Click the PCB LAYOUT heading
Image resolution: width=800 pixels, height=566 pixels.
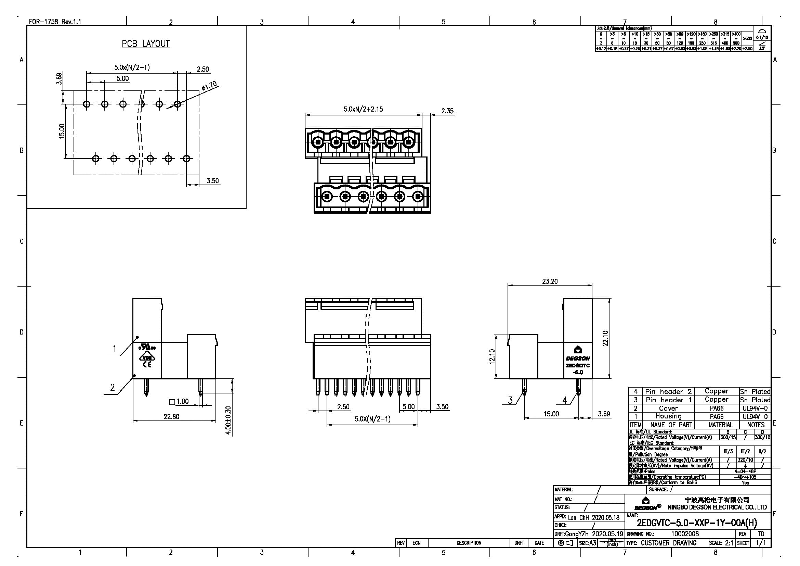[x=146, y=44]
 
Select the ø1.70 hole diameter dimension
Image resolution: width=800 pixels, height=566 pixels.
[x=209, y=86]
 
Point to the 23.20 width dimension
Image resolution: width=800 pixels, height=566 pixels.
[x=550, y=281]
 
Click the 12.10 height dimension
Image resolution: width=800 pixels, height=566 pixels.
[x=492, y=356]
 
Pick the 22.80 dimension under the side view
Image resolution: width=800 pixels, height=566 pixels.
[x=171, y=416]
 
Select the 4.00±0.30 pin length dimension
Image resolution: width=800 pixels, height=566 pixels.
[x=228, y=420]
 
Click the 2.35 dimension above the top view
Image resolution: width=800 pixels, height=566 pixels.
[x=447, y=111]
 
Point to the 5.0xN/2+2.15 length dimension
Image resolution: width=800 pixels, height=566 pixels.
[x=363, y=109]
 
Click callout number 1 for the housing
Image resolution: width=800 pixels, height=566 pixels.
[x=114, y=348]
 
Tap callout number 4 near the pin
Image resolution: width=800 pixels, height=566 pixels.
[x=564, y=400]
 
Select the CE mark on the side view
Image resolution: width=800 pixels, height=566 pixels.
[x=147, y=365]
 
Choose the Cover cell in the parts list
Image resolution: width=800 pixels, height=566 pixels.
[x=668, y=408]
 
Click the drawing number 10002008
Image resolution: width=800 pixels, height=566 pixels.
[x=685, y=534]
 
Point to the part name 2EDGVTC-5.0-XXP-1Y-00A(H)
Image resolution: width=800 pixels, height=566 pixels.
[x=697, y=523]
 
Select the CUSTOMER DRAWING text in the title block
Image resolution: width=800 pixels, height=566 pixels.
[x=668, y=543]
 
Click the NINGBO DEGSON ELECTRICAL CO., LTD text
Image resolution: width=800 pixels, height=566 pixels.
[x=717, y=507]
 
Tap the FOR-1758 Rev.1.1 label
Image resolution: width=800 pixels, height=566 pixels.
[x=55, y=22]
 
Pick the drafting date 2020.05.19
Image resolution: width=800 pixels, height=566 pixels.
[x=607, y=534]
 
